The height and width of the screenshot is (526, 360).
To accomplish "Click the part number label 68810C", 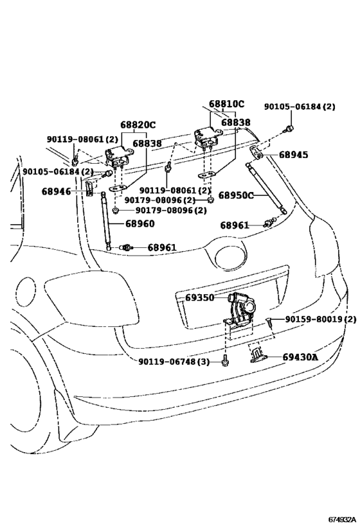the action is click(x=227, y=104).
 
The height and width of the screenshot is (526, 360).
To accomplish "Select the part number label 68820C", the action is click(x=138, y=125).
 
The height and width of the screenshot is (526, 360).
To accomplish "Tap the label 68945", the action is click(x=293, y=155).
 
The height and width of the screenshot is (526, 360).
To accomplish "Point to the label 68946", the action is click(x=57, y=191).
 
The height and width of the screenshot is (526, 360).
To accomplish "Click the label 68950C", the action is click(x=236, y=195).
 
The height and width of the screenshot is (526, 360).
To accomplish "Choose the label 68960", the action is click(x=140, y=224).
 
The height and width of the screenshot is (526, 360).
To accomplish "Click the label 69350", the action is click(x=199, y=297).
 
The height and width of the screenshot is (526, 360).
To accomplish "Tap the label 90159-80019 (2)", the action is click(x=321, y=319).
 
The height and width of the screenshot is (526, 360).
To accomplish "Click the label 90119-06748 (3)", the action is click(x=174, y=362).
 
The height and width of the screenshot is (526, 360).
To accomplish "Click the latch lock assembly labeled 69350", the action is click(x=240, y=310).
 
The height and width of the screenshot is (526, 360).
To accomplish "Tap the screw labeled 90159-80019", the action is click(x=269, y=322).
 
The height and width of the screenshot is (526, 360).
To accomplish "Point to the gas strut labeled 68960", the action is click(x=105, y=221).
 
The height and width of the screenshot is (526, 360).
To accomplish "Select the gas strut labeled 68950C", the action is click(x=266, y=188).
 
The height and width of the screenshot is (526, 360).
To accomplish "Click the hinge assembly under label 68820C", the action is click(x=118, y=157).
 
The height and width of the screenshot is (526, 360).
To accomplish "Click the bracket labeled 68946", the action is click(x=89, y=189).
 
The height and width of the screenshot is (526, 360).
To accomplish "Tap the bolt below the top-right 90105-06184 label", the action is click(x=289, y=128).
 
